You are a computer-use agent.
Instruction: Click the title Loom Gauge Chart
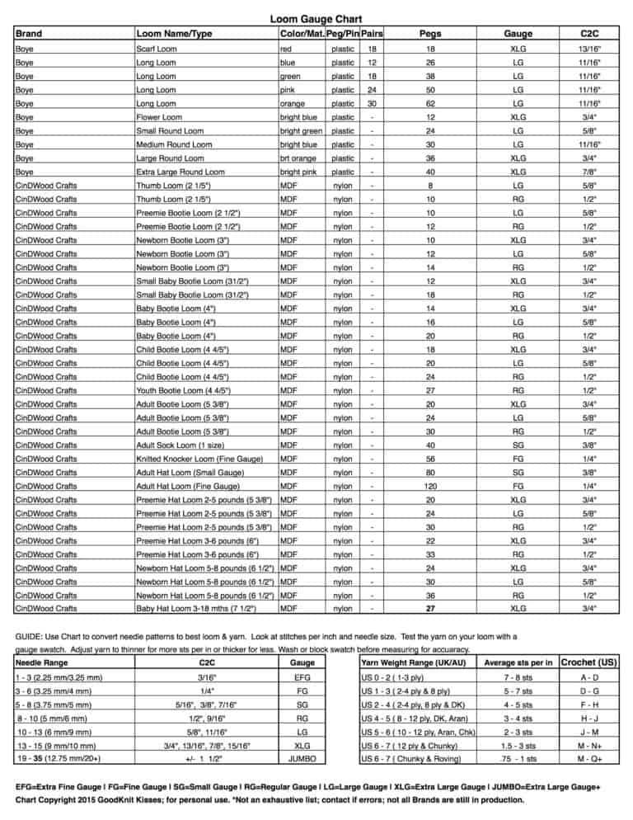(316, 19)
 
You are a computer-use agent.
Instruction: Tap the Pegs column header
(429, 34)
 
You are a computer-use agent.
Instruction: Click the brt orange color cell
(301, 158)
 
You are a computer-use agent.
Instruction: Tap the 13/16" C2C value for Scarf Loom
(588, 49)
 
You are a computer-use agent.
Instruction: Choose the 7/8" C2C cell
(588, 172)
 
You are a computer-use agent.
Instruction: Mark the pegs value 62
(429, 104)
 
